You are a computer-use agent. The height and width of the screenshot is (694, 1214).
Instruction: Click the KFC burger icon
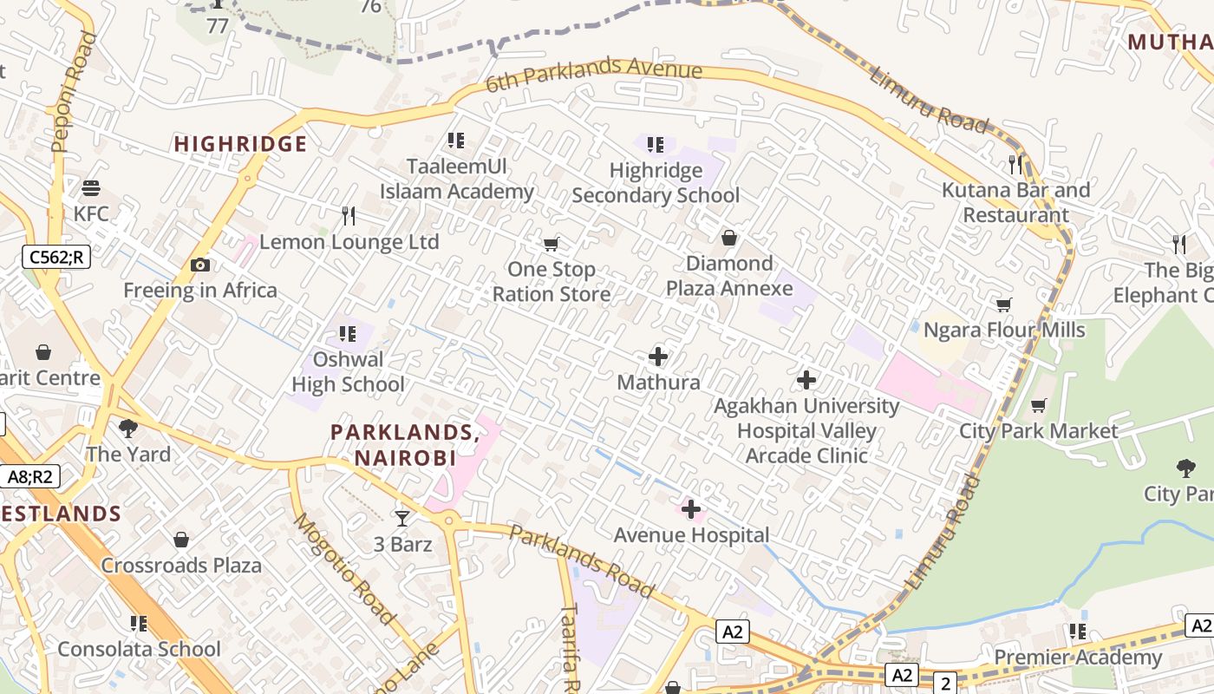pyautogui.click(x=91, y=188)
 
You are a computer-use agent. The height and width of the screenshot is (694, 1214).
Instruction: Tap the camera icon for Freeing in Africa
pyautogui.click(x=200, y=265)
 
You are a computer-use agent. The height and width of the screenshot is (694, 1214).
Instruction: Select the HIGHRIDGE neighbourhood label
pyautogui.click(x=241, y=144)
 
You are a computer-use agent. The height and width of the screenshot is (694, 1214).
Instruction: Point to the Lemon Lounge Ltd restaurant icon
pyautogui.click(x=349, y=215)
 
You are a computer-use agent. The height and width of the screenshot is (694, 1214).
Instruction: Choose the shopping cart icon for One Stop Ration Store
pyautogui.click(x=551, y=244)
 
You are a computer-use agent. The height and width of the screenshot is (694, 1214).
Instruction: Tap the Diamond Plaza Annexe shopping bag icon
pyautogui.click(x=729, y=238)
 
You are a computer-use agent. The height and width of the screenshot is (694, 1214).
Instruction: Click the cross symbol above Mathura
pyautogui.click(x=658, y=357)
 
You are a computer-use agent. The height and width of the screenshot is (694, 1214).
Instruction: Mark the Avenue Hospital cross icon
pyautogui.click(x=691, y=509)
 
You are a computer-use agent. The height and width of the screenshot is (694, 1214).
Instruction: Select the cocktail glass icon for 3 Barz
pyautogui.click(x=402, y=519)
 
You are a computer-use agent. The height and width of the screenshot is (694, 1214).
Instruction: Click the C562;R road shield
pyautogui.click(x=56, y=257)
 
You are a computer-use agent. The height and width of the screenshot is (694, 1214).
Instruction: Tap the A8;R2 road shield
pyautogui.click(x=30, y=476)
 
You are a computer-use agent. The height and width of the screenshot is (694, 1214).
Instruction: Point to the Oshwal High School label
pyautogui.click(x=348, y=372)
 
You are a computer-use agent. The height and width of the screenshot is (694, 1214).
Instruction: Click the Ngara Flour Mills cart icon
pyautogui.click(x=1003, y=304)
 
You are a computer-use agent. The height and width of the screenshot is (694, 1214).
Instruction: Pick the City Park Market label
pyautogui.click(x=1039, y=431)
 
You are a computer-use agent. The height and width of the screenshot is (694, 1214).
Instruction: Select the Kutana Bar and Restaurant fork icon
pyautogui.click(x=1015, y=164)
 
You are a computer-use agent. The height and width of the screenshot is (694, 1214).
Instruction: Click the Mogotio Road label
pyautogui.click(x=345, y=569)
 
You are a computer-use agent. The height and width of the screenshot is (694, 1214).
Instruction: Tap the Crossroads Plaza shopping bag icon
pyautogui.click(x=181, y=540)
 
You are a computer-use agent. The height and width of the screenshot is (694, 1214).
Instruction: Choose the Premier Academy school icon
pyautogui.click(x=1077, y=632)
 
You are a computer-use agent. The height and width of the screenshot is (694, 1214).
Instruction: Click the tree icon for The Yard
pyautogui.click(x=128, y=428)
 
